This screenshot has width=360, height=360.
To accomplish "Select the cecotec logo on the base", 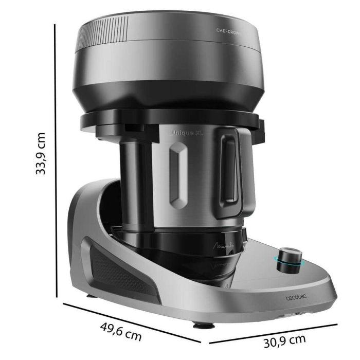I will pyautogui.click(x=297, y=298).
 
